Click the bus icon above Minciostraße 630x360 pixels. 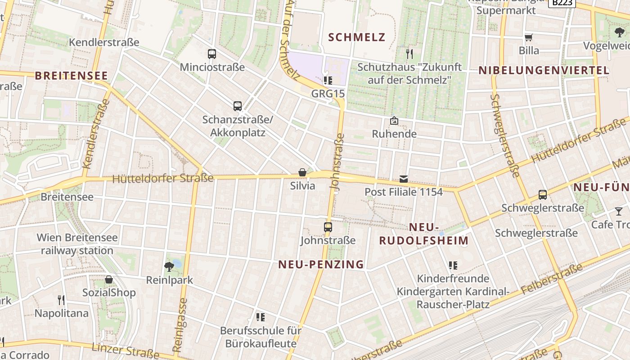coord(212,54)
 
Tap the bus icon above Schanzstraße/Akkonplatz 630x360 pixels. coord(238,106)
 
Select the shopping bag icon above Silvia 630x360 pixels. coord(302,172)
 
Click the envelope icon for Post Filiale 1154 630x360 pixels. coord(404,179)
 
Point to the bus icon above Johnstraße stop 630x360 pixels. coord(328,227)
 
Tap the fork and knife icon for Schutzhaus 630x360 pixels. coord(409,54)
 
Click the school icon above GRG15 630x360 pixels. coord(328,81)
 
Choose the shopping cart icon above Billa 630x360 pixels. coord(529,37)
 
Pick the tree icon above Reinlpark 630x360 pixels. coord(169,266)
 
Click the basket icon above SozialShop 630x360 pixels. coord(109,279)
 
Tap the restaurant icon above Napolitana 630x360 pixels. coord(61,300)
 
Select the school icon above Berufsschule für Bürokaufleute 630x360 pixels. coord(260,317)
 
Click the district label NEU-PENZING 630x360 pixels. coord(321,265)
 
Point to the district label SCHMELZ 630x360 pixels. coord(357,37)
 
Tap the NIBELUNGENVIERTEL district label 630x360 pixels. coord(544,70)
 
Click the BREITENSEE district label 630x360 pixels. coord(71,76)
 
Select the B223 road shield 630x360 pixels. coord(562,3)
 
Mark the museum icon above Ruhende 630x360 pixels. coord(394,121)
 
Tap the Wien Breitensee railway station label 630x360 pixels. coord(77,244)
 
